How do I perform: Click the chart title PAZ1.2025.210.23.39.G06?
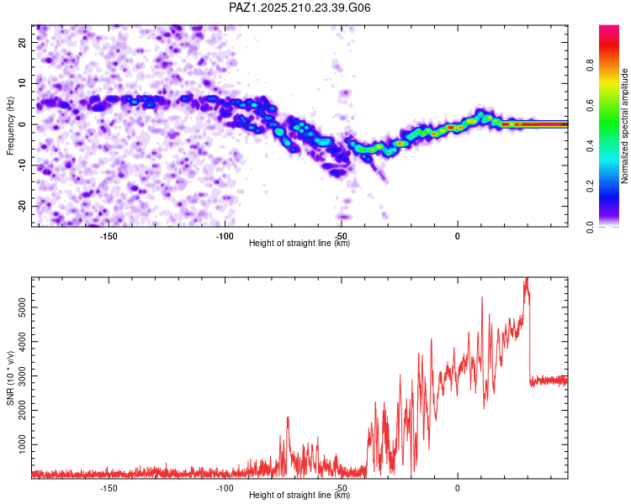pyautogui.click(x=300, y=8)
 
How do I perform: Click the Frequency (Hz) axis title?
pyautogui.click(x=10, y=126)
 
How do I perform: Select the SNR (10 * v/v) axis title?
pyautogui.click(x=10, y=378)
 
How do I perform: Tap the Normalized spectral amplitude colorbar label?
pyautogui.click(x=624, y=126)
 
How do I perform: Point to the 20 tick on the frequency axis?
pyautogui.click(x=22, y=42)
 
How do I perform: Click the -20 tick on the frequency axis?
pyautogui.click(x=22, y=206)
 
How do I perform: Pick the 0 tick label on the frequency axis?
pyautogui.click(x=22, y=124)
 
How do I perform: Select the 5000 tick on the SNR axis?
pyautogui.click(x=22, y=307)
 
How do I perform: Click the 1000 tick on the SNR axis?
pyautogui.click(x=22, y=444)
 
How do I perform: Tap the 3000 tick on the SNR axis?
pyautogui.click(x=22, y=376)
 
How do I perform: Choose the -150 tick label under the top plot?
pyautogui.click(x=109, y=236)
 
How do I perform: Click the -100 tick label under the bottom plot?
pyautogui.click(x=225, y=488)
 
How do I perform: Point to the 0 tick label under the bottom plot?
pyautogui.click(x=457, y=488)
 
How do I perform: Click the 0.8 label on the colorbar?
pyautogui.click(x=591, y=65)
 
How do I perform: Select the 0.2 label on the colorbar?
pyautogui.click(x=591, y=186)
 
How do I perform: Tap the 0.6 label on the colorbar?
pyautogui.click(x=591, y=105)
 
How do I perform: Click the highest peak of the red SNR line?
pyautogui.click(x=527, y=278)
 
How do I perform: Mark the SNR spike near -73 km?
pyautogui.click(x=288, y=417)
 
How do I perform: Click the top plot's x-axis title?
pyautogui.click(x=300, y=243)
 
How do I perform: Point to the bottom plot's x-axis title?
pyautogui.click(x=300, y=495)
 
